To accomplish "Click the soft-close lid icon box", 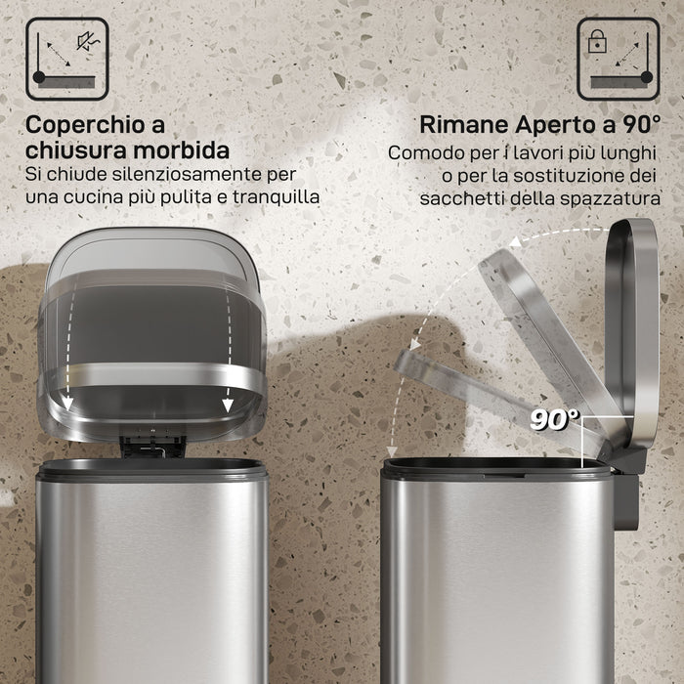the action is [67, 59].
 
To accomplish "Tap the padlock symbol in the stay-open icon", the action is [597, 42].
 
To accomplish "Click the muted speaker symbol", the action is [88, 41].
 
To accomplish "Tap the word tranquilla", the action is [276, 196].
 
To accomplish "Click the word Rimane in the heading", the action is [464, 125].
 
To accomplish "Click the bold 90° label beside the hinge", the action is [554, 419].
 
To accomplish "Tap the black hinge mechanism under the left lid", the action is [152, 447].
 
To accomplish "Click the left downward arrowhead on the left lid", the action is [66, 404].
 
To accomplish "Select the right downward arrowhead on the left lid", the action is [228, 406].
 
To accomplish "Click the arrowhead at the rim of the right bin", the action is [392, 451].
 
